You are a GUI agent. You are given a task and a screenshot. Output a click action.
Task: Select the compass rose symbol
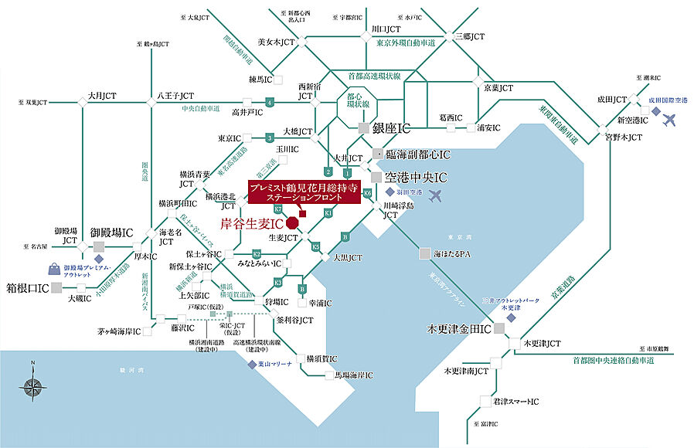33,385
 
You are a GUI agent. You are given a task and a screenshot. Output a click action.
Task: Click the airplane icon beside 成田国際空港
669,120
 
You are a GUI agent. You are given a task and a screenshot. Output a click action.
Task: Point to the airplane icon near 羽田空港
436,195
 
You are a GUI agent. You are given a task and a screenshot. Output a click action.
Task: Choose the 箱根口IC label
28,288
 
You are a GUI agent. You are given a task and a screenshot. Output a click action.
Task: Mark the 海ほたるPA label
452,253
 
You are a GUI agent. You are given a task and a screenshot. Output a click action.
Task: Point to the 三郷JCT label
469,36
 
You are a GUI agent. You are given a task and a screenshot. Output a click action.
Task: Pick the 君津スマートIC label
515,402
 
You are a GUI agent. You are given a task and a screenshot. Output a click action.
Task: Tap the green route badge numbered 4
269,102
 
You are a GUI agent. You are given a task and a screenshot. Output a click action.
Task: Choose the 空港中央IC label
417,177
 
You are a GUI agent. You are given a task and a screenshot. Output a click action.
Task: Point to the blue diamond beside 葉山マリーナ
252,364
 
